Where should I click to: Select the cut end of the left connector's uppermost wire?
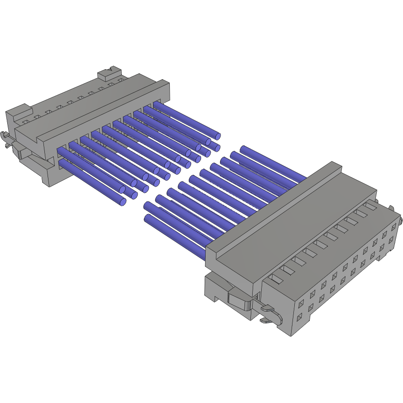click(217, 135)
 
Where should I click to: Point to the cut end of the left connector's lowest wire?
click(123, 202)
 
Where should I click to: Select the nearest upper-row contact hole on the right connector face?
click(301, 301)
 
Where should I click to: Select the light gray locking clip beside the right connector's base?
click(240, 299)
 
